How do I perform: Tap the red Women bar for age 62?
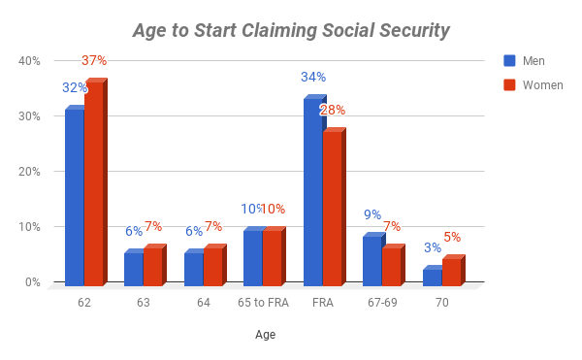click(x=94, y=184)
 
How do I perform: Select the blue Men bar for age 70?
click(x=433, y=277)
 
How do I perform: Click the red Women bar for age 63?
click(x=153, y=266)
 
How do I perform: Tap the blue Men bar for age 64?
click(x=194, y=269)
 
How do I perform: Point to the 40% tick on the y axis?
click(x=30, y=61)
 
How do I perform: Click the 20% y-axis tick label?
click(x=30, y=172)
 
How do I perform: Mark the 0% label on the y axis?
click(x=33, y=282)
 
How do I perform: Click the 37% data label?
click(x=95, y=60)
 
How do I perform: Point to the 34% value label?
click(x=313, y=77)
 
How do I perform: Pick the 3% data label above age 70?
click(x=433, y=247)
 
